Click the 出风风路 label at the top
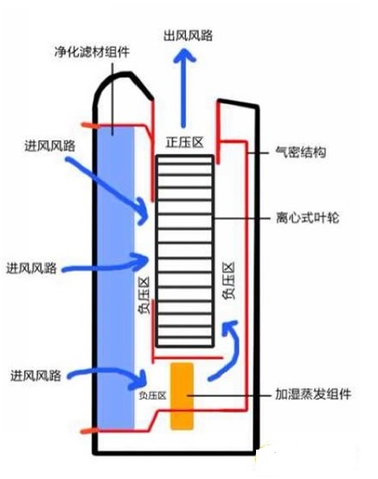188,35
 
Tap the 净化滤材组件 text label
92,52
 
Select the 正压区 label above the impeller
184,143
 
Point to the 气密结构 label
301,152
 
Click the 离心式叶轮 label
307,218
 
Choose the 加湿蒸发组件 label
313,394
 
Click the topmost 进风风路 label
50,146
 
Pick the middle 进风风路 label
31,268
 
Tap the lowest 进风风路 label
35,375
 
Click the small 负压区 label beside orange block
152,396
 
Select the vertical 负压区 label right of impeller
229,280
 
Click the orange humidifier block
183,396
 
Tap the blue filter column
116,277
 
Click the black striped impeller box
184,251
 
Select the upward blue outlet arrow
183,88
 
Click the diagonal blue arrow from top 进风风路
107,187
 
